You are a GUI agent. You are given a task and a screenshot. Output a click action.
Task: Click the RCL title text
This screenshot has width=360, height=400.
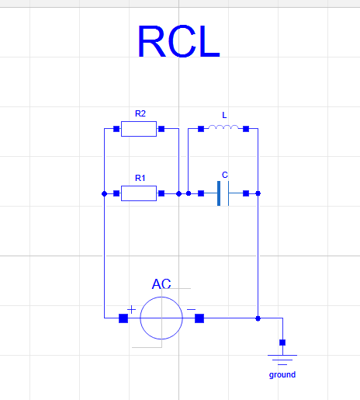click(x=179, y=41)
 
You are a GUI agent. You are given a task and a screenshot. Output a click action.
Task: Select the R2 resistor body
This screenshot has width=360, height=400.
click(x=139, y=129)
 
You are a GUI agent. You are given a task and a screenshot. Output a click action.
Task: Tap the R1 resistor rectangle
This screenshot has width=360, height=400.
click(x=139, y=193)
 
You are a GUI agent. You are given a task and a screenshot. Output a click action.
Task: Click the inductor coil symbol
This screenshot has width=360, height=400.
click(x=223, y=127)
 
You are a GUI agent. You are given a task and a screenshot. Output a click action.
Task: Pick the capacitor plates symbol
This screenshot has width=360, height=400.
click(x=223, y=193)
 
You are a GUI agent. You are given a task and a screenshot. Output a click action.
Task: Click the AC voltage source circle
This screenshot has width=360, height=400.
click(x=161, y=318)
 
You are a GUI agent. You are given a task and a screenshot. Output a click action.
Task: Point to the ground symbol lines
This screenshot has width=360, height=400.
click(x=282, y=360)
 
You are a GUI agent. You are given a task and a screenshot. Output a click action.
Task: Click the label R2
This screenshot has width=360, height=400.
click(x=140, y=113)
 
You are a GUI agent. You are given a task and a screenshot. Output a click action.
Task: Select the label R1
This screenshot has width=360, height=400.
click(x=140, y=178)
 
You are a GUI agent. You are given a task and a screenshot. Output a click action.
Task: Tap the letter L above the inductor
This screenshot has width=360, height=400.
click(x=224, y=115)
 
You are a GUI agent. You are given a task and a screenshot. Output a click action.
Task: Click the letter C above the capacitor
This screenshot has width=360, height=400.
click(x=225, y=175)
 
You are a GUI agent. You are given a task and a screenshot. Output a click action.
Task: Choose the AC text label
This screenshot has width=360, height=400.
click(x=161, y=283)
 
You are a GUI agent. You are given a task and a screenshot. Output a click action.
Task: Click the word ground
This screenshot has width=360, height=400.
click(x=282, y=374)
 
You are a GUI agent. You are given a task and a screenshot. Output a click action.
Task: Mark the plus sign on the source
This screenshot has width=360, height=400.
click(x=131, y=309)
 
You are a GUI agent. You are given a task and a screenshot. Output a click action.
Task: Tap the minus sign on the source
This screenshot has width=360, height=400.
click(x=191, y=309)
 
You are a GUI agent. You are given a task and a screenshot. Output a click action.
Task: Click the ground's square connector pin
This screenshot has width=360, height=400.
click(x=282, y=343)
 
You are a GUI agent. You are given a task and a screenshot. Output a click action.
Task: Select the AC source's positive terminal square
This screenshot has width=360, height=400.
click(x=123, y=318)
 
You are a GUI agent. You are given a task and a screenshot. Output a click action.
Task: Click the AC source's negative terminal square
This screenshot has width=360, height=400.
click(x=199, y=318)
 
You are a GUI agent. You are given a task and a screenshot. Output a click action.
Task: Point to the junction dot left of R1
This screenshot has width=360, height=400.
click(x=105, y=193)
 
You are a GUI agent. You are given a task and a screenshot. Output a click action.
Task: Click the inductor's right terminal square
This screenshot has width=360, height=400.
click(x=246, y=129)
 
